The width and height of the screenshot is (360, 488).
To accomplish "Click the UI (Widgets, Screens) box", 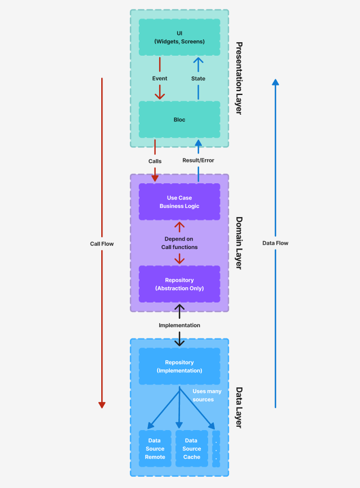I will pos(179,37).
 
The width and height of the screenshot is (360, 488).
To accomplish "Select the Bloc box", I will pos(179,120).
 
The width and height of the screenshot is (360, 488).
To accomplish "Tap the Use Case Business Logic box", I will pos(179,202).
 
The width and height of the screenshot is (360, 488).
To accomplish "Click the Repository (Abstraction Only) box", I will pos(179,284).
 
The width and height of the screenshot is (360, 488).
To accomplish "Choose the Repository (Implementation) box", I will pos(179,367).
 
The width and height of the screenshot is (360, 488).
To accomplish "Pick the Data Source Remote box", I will pos(155,449).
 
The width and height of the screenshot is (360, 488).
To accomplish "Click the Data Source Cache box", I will pos(191,449).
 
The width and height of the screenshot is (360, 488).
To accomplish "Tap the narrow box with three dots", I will pos(216,449).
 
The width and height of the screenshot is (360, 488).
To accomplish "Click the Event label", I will pos(160,79).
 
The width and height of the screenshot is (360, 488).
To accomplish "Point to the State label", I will pos(198,79).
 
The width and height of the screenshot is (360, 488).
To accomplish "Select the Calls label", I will pos(155,161).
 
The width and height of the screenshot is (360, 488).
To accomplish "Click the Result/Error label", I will pos(198,160).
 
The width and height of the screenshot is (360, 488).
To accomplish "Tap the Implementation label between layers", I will pos(179,325).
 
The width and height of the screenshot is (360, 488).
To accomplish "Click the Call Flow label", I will pos(102,243).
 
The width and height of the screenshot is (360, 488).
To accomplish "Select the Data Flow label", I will pos(275,243).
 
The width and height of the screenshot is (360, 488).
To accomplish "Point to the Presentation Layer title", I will pos(238,78).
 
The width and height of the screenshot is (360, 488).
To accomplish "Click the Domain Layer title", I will pos(238,243).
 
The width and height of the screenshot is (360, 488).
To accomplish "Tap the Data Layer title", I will pos(238,408).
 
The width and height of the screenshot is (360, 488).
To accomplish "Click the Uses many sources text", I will pos(207,395).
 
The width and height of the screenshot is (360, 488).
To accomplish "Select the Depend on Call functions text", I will pos(179,243).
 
